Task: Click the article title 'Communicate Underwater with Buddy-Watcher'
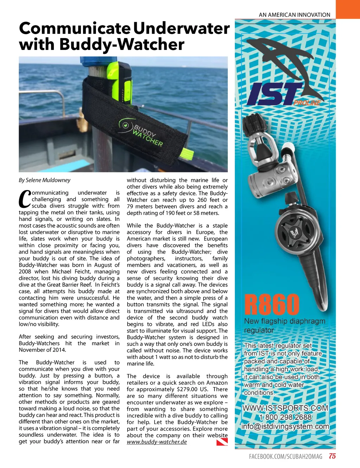pyautogui.click(x=124, y=36)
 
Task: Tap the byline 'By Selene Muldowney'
pyautogui.click(x=45, y=180)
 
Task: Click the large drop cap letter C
pyautogui.click(x=25, y=199)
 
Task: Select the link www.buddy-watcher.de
pyautogui.click(x=157, y=442)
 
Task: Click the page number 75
pyautogui.click(x=332, y=456)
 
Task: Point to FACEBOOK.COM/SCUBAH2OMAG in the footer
pyautogui.click(x=285, y=456)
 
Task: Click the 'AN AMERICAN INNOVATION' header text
pyautogui.click(x=295, y=15)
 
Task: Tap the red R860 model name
pyautogui.click(x=272, y=305)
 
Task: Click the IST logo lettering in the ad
pyautogui.click(x=274, y=94)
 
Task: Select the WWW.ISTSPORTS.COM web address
pyautogui.click(x=285, y=408)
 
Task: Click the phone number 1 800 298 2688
pyautogui.click(x=285, y=417)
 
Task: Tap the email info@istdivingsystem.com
pyautogui.click(x=285, y=426)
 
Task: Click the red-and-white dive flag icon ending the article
pyautogui.click(x=222, y=442)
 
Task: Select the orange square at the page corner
pyautogui.click(x=348, y=9)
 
